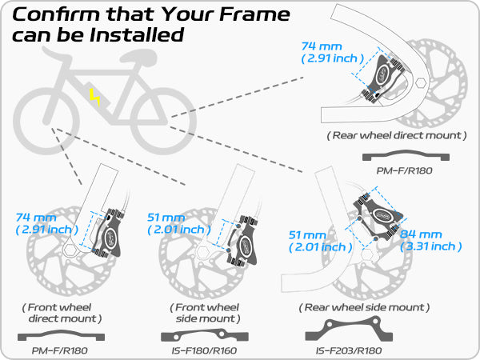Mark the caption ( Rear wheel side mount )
click(x=364, y=307)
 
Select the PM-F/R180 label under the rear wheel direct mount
click(x=405, y=171)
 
